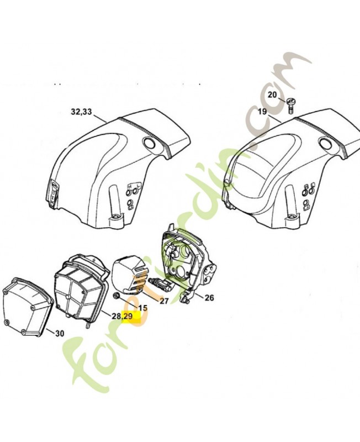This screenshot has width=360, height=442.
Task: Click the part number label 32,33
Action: click(x=82, y=112)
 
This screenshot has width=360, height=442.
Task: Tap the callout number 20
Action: click(x=272, y=94)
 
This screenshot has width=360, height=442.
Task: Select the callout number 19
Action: click(x=262, y=112)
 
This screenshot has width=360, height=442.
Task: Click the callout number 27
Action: click(x=164, y=301)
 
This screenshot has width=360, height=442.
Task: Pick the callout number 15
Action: click(x=142, y=308)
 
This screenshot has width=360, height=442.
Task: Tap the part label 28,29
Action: click(x=122, y=317)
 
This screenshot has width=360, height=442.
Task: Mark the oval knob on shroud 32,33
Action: click(x=149, y=144)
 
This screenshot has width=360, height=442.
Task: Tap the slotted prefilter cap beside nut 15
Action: click(x=130, y=274)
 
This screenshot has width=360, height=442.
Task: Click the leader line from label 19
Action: click(x=276, y=116)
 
